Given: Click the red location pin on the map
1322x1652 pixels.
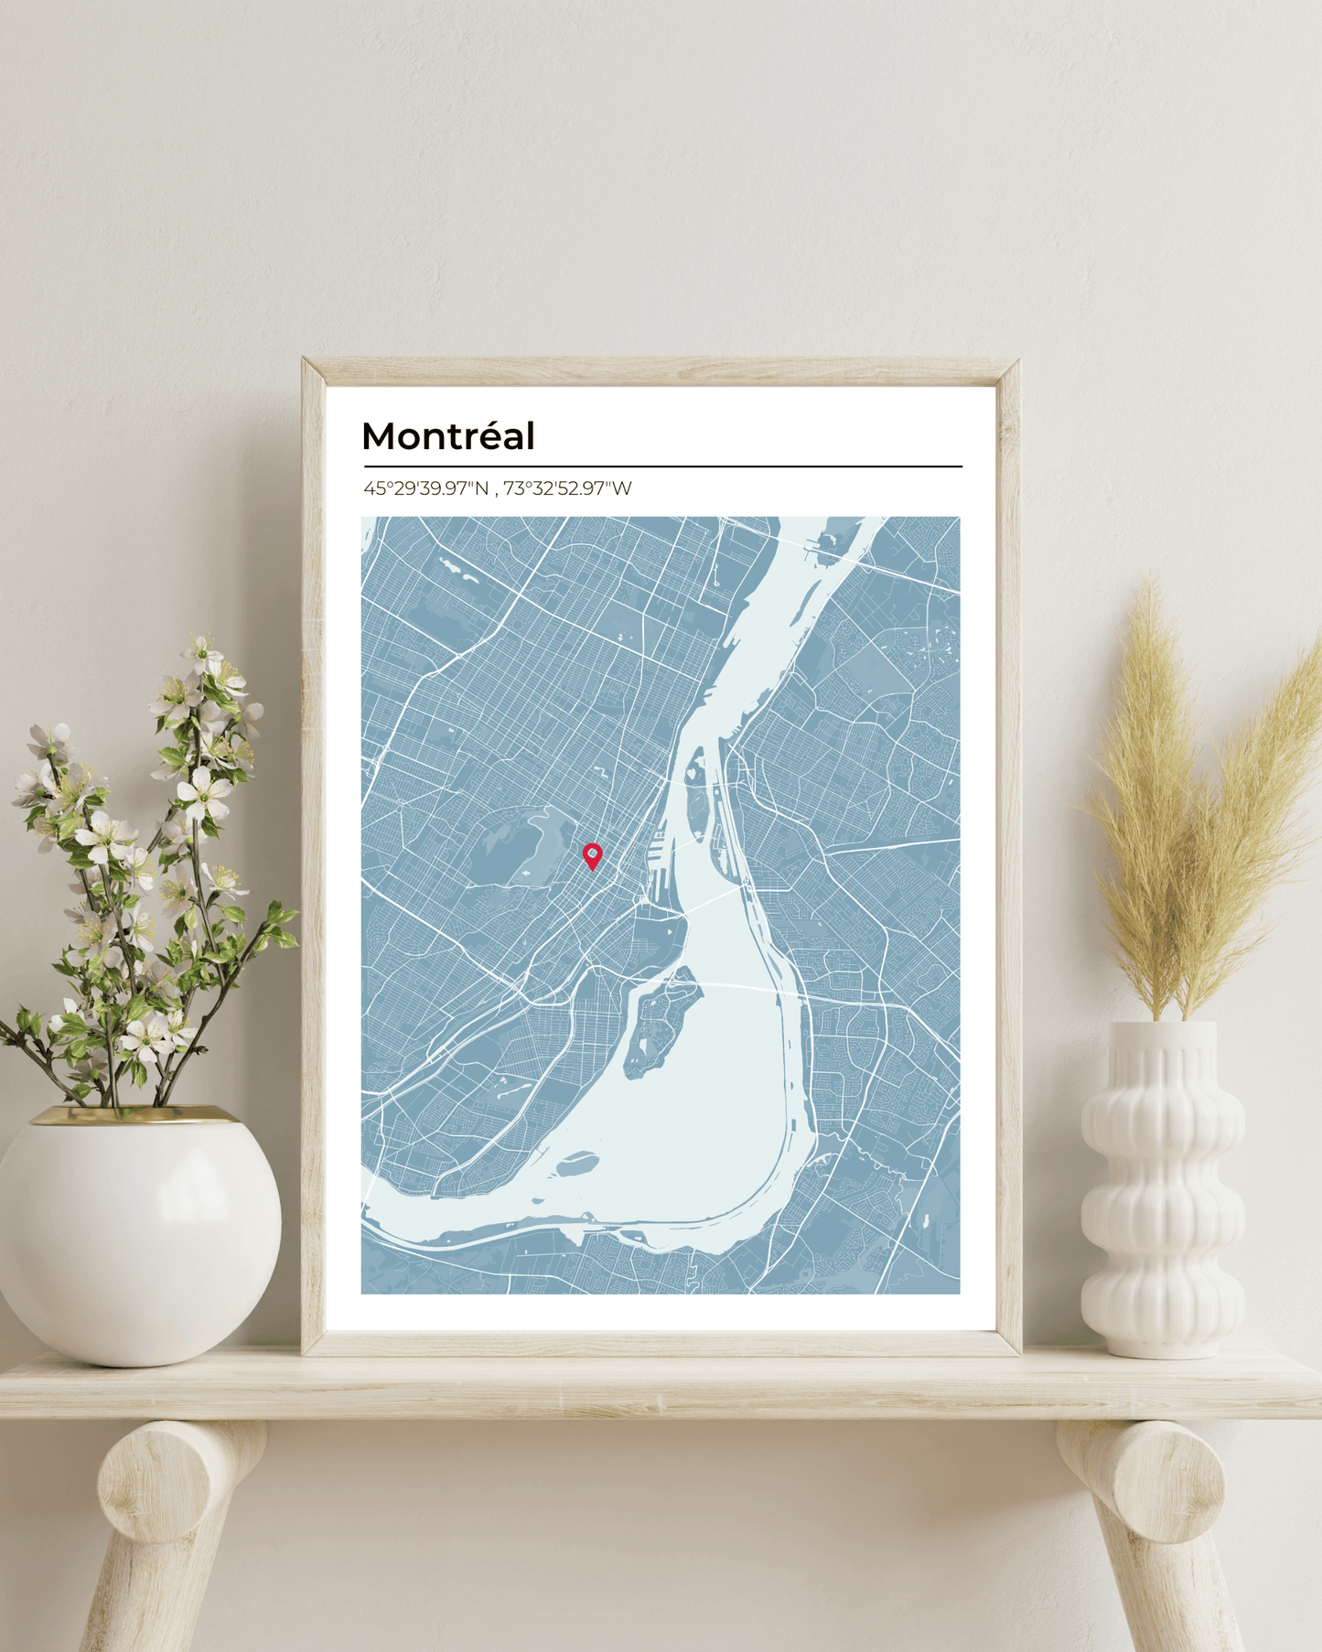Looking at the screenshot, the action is click(x=593, y=854).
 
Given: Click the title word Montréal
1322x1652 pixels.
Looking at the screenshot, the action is click(x=447, y=436).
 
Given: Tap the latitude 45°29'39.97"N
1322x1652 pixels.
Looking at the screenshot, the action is click(x=425, y=488).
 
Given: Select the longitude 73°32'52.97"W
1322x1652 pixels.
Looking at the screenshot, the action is click(x=567, y=488).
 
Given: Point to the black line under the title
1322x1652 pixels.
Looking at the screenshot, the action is click(x=662, y=467).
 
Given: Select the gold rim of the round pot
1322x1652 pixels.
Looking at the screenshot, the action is click(x=137, y=1116).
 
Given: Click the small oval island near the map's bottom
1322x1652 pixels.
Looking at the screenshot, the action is click(x=578, y=1164).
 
